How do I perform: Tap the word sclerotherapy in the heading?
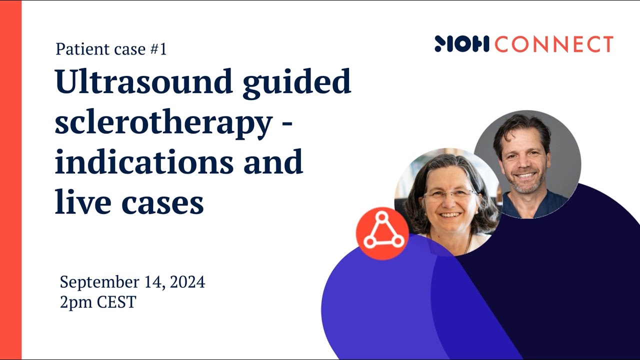[x=162, y=123]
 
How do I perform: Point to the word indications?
[x=143, y=162]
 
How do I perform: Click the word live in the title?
[x=79, y=202]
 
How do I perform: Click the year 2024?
[x=187, y=282]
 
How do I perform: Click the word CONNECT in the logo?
[x=554, y=44]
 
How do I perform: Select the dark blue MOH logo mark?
[x=461, y=44]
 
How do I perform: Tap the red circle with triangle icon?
[x=383, y=233]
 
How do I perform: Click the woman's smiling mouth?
[x=450, y=215]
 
